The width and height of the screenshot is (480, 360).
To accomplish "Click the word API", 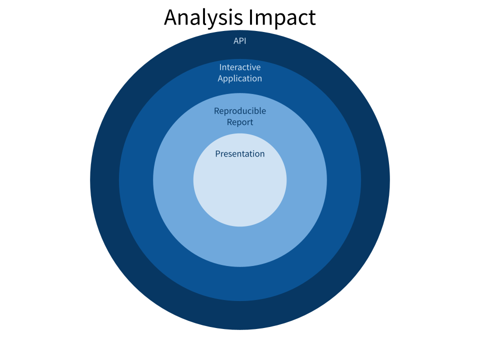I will pos(240,41).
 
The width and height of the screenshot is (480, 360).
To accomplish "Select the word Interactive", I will pos(240,67).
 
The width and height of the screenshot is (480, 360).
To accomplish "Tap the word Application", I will pos(240,78).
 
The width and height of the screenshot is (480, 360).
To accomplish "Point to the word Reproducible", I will pos(240,111).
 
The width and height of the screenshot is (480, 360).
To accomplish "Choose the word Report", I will pos(240,122).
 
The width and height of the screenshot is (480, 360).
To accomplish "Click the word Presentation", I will pos(240,154).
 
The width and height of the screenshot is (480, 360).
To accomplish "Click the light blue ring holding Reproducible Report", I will pos(240,245).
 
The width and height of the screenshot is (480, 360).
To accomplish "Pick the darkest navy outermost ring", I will pos(240,315).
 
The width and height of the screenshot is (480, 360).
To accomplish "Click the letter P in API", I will pos(241,41).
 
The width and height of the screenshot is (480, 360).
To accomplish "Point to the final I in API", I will pos(245,41).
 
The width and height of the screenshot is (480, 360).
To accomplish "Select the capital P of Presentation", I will pos(217,154).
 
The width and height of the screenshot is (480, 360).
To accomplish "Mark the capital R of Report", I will pos(229,122).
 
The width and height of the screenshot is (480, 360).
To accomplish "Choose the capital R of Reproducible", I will pos(216,111).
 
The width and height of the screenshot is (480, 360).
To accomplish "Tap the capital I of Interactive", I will pos(220,67).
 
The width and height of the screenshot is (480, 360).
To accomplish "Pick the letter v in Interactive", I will pos(254,67).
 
